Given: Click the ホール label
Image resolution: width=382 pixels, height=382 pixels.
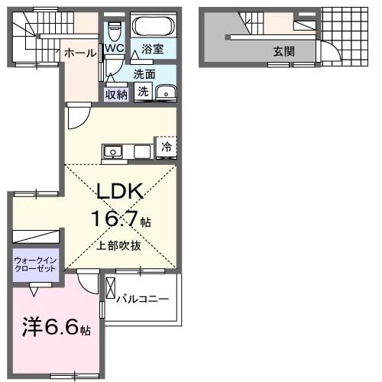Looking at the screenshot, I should (80, 53).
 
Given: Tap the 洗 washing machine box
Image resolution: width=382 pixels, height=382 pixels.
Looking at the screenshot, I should (144, 91).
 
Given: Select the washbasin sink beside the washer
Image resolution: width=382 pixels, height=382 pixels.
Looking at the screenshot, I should (163, 92).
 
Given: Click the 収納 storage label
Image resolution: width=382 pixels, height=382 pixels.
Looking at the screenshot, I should (116, 94).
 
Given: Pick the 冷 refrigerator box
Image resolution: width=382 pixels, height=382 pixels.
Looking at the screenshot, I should (166, 147).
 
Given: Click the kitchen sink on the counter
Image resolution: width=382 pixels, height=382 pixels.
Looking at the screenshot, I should (113, 152).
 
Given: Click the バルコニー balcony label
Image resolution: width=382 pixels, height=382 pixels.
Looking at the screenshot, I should (143, 298).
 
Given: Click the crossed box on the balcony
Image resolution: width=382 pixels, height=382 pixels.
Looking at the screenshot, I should (110, 291).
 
